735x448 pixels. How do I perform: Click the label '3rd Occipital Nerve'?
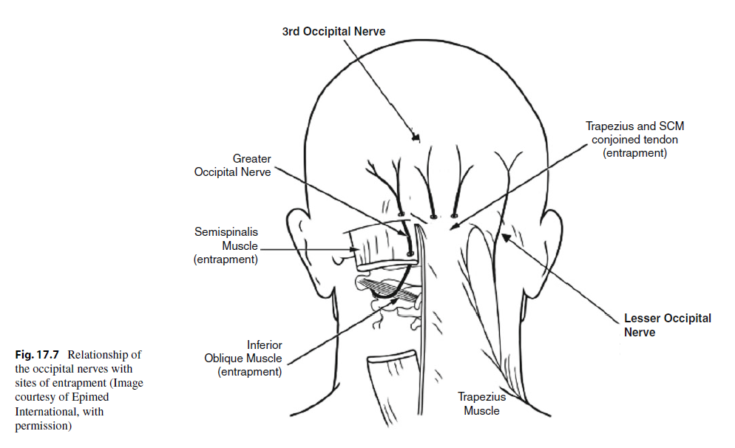(x=333, y=32)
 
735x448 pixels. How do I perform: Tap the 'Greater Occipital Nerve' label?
(x=232, y=166)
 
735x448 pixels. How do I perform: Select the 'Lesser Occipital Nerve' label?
(x=668, y=325)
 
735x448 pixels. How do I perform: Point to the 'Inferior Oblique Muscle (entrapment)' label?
(x=243, y=359)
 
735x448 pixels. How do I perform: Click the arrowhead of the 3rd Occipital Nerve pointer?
(x=417, y=138)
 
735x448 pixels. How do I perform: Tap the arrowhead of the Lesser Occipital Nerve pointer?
(x=503, y=236)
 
